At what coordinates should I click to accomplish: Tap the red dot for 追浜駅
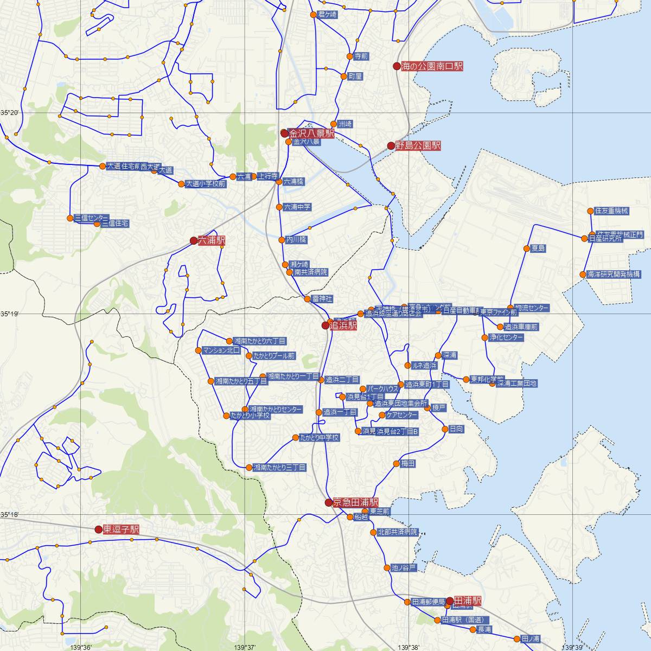(325, 325)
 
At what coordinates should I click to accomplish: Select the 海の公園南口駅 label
(432, 67)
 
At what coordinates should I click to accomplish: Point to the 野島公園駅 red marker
(391, 145)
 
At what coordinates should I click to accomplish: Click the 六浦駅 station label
(212, 240)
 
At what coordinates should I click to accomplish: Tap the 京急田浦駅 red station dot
(329, 502)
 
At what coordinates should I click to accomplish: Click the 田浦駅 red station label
(467, 601)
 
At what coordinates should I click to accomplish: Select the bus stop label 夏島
(538, 248)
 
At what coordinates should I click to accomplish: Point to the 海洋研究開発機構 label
(614, 275)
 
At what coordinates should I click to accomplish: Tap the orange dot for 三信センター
(70, 218)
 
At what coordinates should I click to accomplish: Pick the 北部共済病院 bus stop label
(398, 532)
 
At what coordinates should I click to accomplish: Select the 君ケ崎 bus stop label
(328, 14)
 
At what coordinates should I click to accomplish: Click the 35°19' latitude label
(9, 314)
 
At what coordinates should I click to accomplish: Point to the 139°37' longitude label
(245, 647)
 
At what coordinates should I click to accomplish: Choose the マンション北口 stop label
(221, 350)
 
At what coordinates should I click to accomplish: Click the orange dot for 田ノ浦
(517, 638)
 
